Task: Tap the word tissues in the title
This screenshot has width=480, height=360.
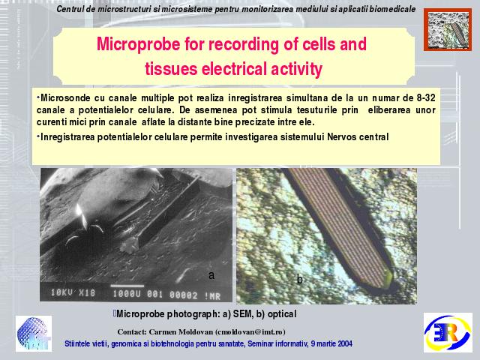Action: pyautogui.click(x=171, y=68)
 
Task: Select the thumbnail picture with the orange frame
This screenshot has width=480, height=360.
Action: pyautogui.click(x=448, y=30)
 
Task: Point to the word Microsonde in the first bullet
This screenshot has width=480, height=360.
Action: pyautogui.click(x=65, y=98)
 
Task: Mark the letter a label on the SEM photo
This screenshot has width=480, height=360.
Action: pyautogui.click(x=211, y=275)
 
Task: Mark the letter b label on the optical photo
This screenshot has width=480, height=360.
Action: pyautogui.click(x=300, y=279)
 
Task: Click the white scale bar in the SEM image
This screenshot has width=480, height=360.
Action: pyautogui.click(x=127, y=286)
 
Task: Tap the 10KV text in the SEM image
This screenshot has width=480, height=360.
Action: pyautogui.click(x=62, y=292)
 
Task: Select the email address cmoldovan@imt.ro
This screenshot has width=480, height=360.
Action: pyautogui.click(x=250, y=332)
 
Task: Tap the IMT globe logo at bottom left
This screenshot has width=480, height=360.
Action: pyautogui.click(x=34, y=334)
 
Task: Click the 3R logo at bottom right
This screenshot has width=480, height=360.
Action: pyautogui.click(x=448, y=333)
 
